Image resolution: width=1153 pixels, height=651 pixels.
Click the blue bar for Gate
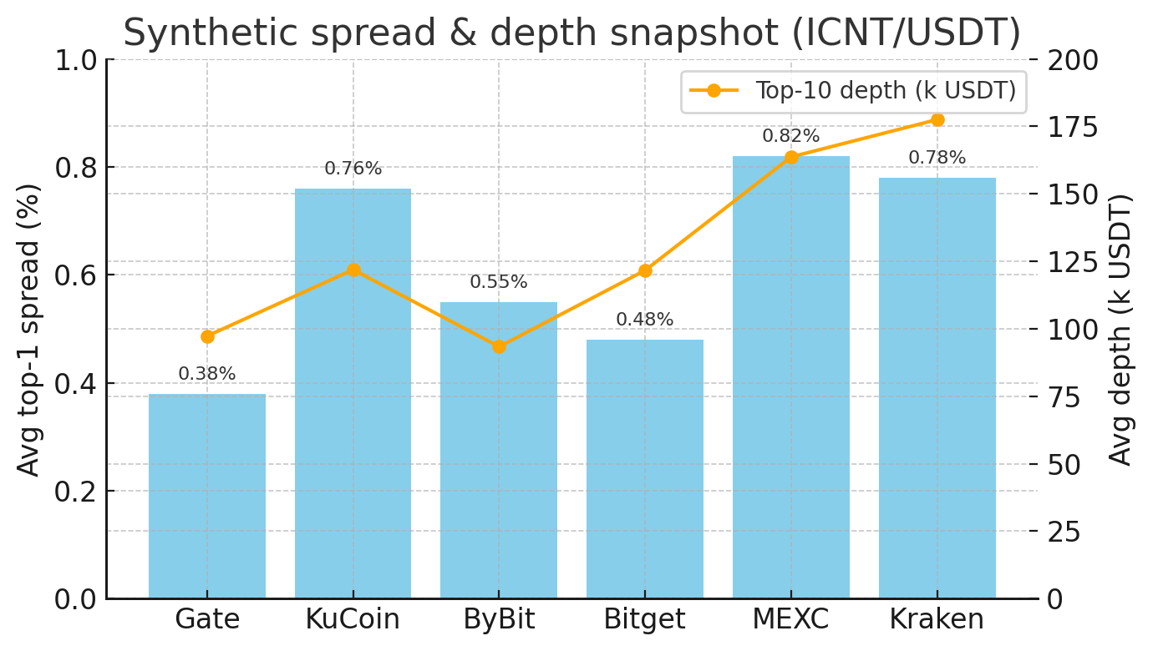tap(207, 496)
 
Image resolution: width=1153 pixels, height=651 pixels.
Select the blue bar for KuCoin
tap(353, 393)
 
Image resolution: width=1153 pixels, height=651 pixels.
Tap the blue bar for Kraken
tap(937, 388)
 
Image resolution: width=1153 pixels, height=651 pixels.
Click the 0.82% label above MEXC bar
tap(790, 136)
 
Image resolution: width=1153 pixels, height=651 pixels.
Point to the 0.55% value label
tap(499, 282)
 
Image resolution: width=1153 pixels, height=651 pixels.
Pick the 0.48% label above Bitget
tap(644, 320)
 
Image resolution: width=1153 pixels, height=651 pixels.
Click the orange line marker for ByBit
tap(499, 346)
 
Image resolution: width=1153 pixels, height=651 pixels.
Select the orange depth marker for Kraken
tap(937, 120)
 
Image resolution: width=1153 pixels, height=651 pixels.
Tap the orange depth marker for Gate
tap(207, 337)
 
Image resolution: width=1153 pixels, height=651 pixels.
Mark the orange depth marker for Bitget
tap(644, 270)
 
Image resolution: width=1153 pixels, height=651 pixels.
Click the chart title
tap(571, 33)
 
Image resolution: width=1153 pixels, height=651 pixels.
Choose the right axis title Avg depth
tap(1120, 329)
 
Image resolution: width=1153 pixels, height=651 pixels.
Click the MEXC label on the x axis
tap(790, 619)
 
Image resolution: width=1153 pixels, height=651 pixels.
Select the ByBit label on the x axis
tap(499, 619)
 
